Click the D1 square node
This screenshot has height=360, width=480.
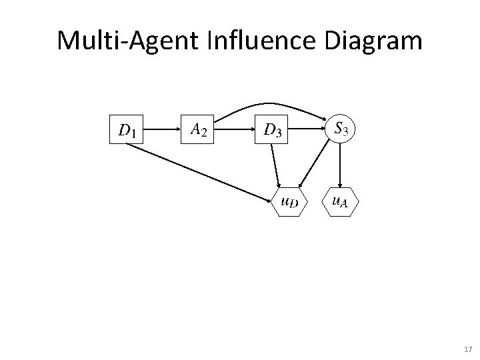[x=127, y=129]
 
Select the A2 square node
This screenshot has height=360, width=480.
[x=199, y=129]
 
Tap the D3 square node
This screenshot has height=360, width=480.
[x=273, y=129]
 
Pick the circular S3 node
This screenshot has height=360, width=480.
[x=341, y=127]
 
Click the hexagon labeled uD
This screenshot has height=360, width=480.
[x=290, y=201]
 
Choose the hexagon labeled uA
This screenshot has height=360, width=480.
[x=340, y=201]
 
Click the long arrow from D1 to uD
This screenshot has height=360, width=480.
[x=200, y=171]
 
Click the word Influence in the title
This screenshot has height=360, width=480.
[x=258, y=41]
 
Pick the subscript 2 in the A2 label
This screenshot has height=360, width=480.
[x=203, y=133]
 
